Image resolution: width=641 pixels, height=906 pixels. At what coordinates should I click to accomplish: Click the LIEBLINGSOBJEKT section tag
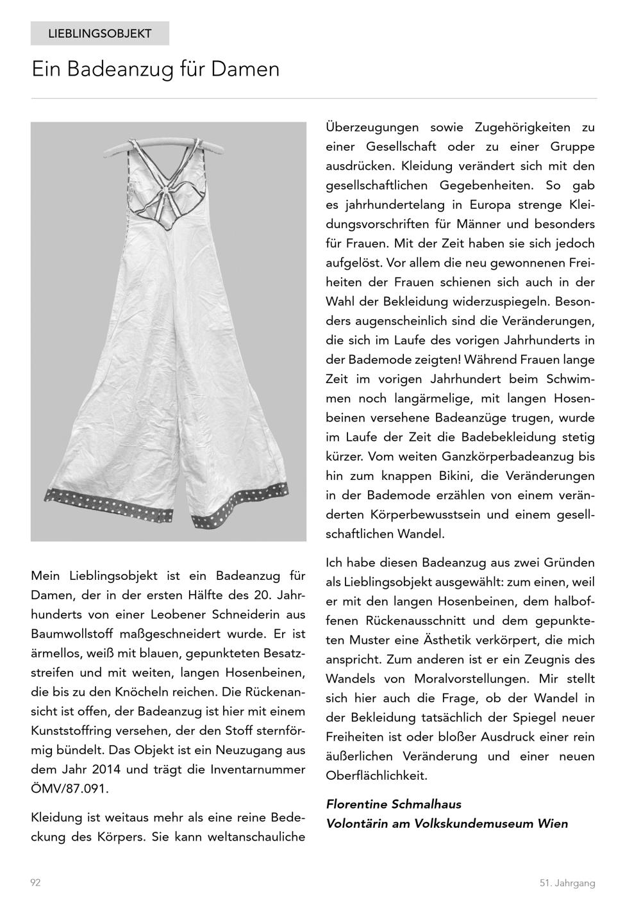[99, 33]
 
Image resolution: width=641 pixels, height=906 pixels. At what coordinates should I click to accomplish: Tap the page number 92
[35, 882]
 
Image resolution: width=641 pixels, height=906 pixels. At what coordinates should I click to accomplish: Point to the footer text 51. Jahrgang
[567, 883]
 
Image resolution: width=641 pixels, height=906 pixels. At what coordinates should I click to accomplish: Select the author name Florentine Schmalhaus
[394, 804]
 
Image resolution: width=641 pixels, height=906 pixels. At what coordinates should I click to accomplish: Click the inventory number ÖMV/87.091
[70, 789]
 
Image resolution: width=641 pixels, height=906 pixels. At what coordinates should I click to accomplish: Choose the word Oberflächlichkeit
[376, 775]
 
